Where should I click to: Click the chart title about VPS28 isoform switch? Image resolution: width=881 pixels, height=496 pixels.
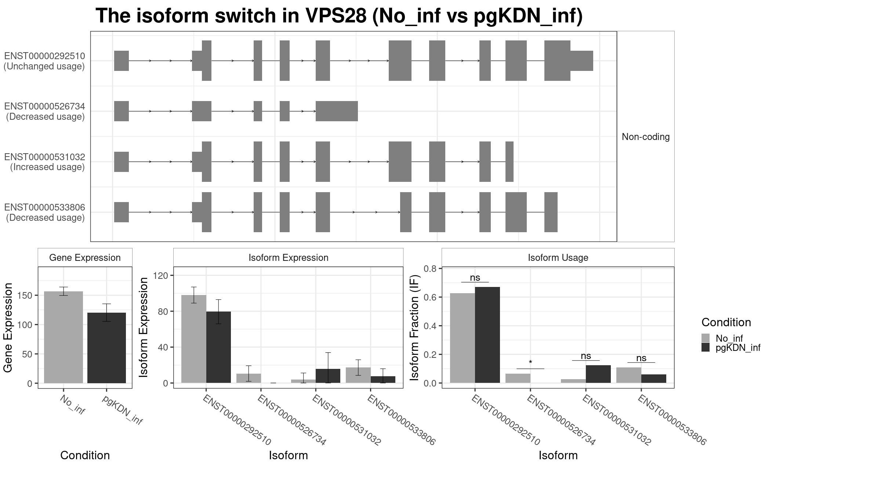click(339, 16)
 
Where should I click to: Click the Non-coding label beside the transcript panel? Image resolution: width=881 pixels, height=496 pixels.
click(645, 137)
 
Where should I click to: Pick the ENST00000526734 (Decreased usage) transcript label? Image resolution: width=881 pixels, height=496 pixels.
click(44, 111)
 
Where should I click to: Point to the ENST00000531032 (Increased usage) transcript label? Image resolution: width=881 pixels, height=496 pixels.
click(44, 162)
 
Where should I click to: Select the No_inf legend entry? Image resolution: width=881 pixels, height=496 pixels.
click(729, 338)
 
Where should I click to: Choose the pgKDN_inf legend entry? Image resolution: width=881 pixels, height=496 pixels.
click(738, 348)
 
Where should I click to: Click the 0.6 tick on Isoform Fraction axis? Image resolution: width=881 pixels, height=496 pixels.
click(430, 297)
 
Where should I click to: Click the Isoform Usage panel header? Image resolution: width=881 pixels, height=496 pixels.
click(558, 258)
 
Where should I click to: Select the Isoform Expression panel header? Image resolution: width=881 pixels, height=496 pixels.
click(288, 258)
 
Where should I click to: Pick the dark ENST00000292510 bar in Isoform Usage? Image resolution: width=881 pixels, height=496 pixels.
click(487, 335)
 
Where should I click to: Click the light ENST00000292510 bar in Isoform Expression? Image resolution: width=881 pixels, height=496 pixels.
click(194, 339)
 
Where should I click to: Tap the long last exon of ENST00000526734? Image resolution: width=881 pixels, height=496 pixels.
click(337, 111)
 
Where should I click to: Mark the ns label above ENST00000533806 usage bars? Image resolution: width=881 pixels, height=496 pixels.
click(641, 358)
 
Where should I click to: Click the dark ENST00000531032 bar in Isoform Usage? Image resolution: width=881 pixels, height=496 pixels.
click(598, 374)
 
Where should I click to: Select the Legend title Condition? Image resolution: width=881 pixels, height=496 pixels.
click(726, 322)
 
